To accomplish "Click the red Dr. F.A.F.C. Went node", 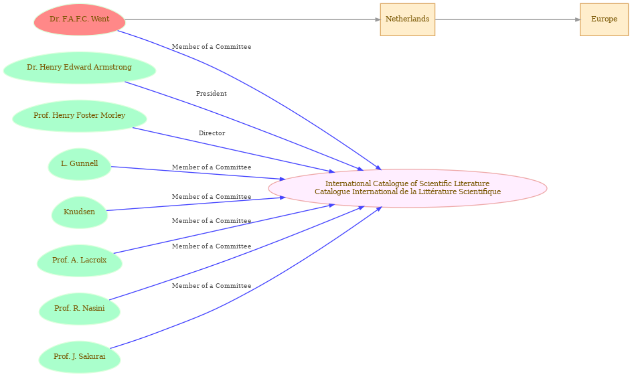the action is (80, 19).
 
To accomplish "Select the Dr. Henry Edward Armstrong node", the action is (80, 68).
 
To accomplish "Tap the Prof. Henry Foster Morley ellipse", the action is (80, 116).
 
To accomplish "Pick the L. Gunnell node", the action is (80, 164).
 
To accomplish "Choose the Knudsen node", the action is (80, 212).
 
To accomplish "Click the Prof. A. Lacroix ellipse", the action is (80, 260).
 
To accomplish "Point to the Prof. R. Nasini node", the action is (80, 309).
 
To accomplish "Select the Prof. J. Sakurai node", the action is (80, 357).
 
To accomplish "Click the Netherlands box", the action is (408, 19).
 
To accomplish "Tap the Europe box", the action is (604, 19).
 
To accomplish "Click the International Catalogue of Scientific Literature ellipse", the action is (408, 188).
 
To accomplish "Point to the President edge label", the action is (212, 94).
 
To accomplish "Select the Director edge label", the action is (212, 133).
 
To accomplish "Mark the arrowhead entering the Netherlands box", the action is (378, 19).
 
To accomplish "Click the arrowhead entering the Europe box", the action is (578, 19).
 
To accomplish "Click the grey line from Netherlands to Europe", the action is (507, 19).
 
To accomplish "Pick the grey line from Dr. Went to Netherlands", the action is (252, 19).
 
